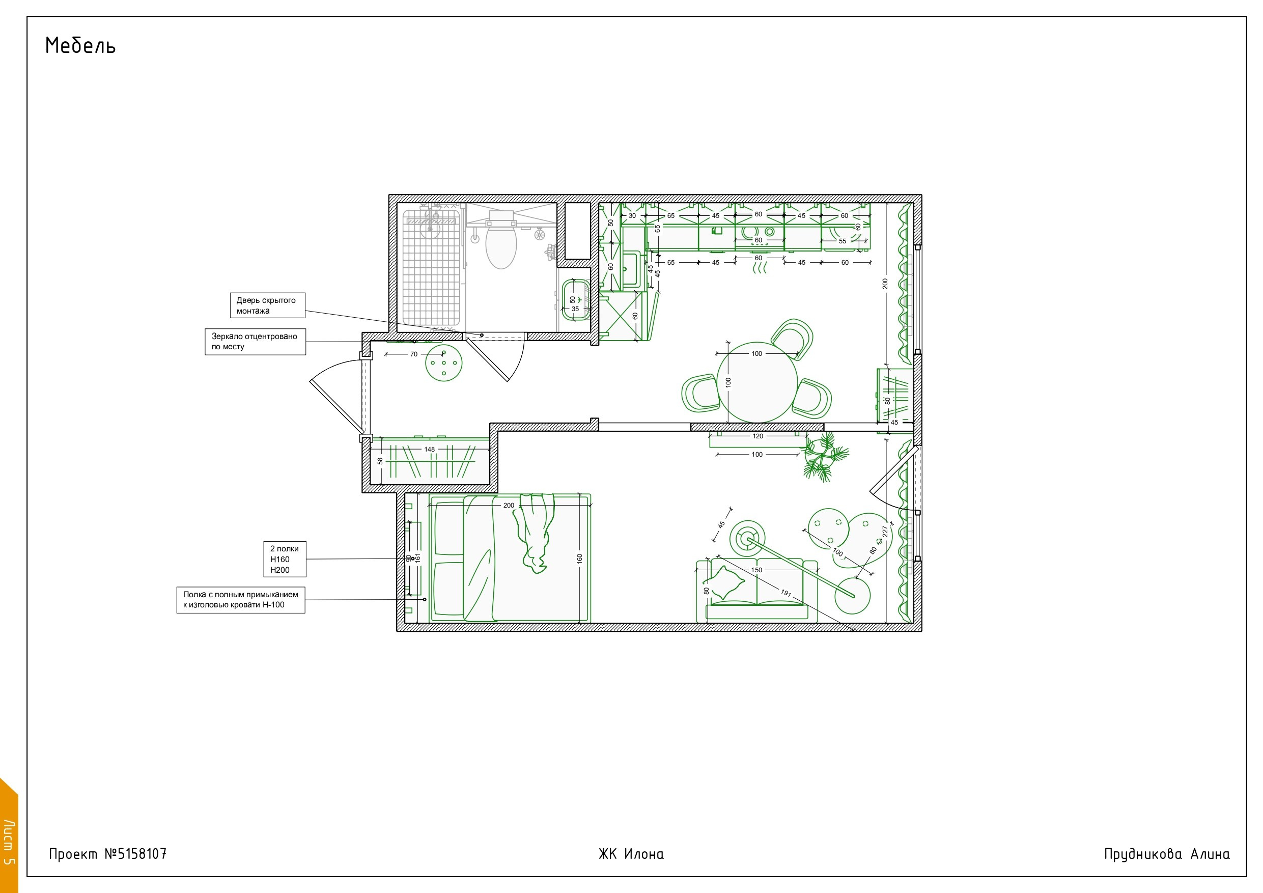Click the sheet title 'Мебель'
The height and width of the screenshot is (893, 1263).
click(x=80, y=46)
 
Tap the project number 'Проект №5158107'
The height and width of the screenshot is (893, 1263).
click(x=108, y=854)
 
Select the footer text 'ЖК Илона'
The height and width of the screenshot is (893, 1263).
click(x=631, y=854)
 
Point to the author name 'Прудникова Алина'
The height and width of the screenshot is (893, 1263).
click(x=1167, y=854)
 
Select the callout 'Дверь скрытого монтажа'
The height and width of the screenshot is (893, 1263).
click(x=267, y=305)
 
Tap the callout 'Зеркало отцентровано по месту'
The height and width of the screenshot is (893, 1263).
click(x=255, y=342)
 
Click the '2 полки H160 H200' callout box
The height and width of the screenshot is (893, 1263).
click(x=285, y=559)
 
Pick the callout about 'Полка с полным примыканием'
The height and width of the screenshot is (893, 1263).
click(x=241, y=600)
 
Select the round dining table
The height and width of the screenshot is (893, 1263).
click(x=757, y=382)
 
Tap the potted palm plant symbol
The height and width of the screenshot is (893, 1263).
click(x=824, y=457)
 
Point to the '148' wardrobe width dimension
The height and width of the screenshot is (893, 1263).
click(x=429, y=450)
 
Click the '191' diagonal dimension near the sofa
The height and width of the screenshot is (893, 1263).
click(x=785, y=593)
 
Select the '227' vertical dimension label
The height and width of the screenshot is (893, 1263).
click(x=885, y=532)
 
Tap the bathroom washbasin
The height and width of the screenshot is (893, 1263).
click(x=575, y=303)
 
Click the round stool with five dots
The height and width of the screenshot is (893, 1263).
click(x=443, y=363)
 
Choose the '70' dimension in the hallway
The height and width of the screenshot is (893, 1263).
click(x=414, y=354)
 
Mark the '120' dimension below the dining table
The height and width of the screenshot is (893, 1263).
click(x=757, y=436)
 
